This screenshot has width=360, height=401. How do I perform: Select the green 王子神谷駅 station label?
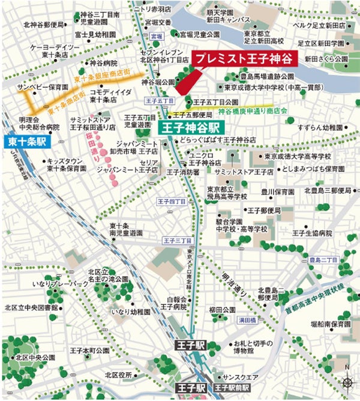(x=191, y=127)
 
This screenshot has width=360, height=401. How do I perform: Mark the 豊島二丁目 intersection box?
(x=324, y=259)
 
